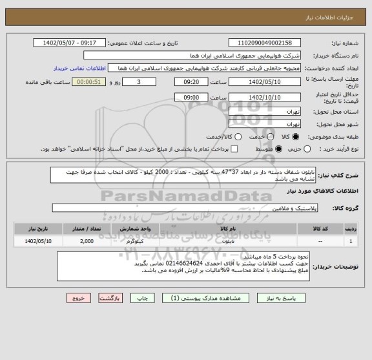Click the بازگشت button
(x=110, y=299)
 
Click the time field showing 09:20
(x=192, y=82)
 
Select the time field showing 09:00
(x=192, y=96)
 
